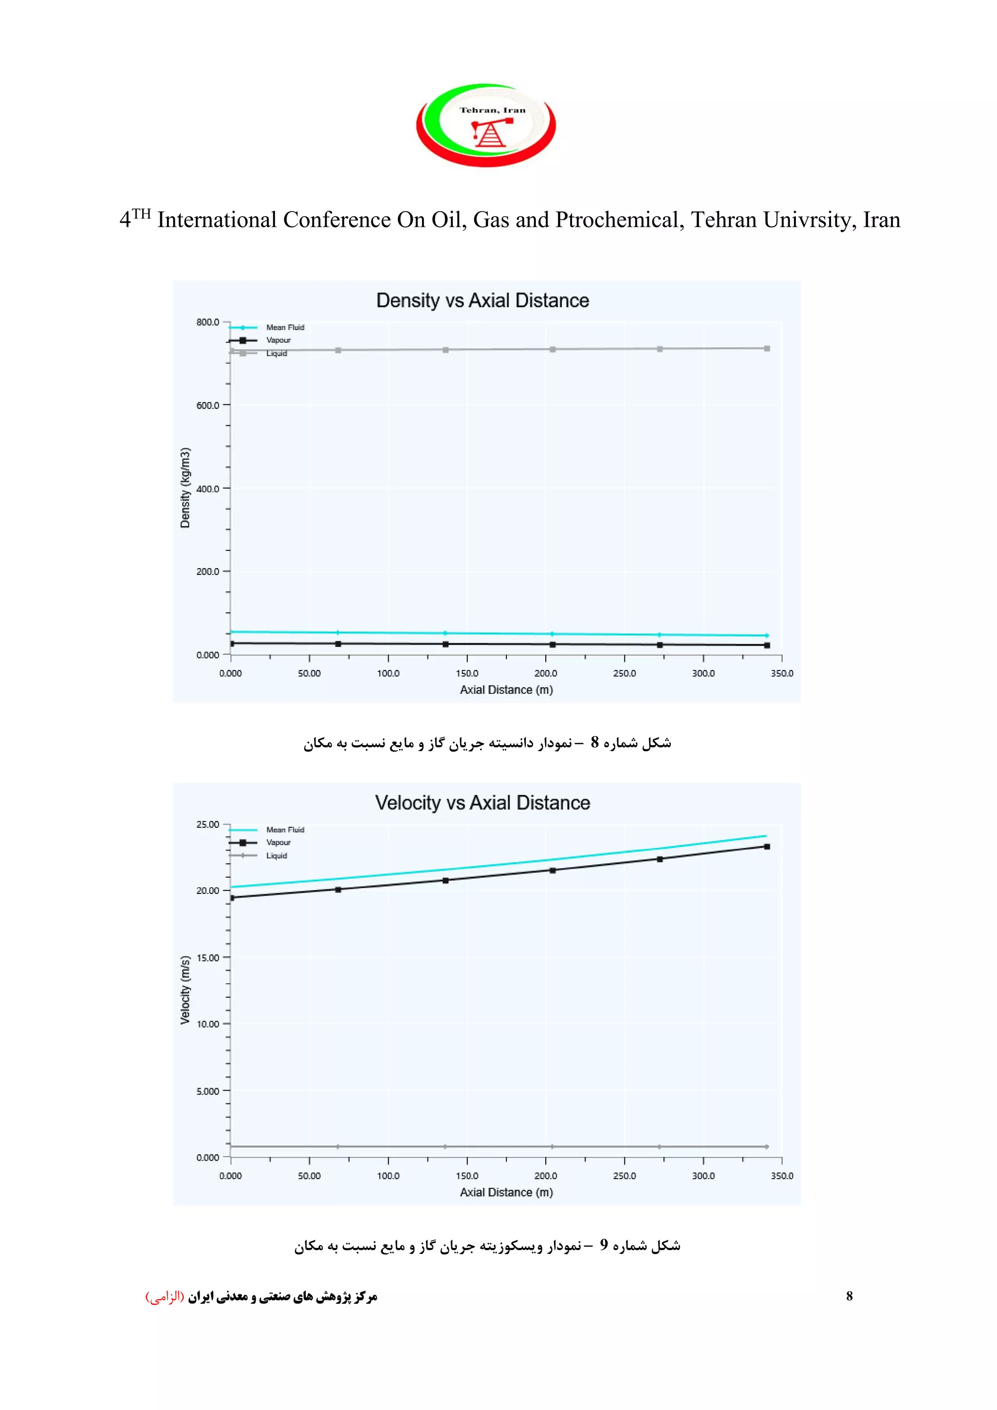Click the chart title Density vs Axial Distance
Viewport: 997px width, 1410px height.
482,300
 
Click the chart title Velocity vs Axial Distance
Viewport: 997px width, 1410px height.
482,803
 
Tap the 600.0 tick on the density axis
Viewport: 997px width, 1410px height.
207,405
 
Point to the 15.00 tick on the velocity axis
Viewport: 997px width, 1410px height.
207,957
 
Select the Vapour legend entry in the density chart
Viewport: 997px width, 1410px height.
278,340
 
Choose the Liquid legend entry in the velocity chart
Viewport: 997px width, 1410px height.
276,855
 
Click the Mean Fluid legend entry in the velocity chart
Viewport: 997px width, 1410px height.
285,830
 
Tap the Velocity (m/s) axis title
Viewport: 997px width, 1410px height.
185,990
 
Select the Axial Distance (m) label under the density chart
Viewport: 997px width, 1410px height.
506,689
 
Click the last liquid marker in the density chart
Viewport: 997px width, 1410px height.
767,348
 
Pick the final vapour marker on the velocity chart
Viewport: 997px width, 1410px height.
767,847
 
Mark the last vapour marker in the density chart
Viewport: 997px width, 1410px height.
767,646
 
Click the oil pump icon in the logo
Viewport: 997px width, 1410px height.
489,132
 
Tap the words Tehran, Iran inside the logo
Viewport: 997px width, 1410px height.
492,111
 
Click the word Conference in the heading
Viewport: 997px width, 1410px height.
337,220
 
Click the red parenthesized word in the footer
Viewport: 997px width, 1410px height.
165,1297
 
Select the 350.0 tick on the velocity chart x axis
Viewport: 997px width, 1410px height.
781,1175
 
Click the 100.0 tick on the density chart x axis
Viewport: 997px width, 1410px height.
388,673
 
